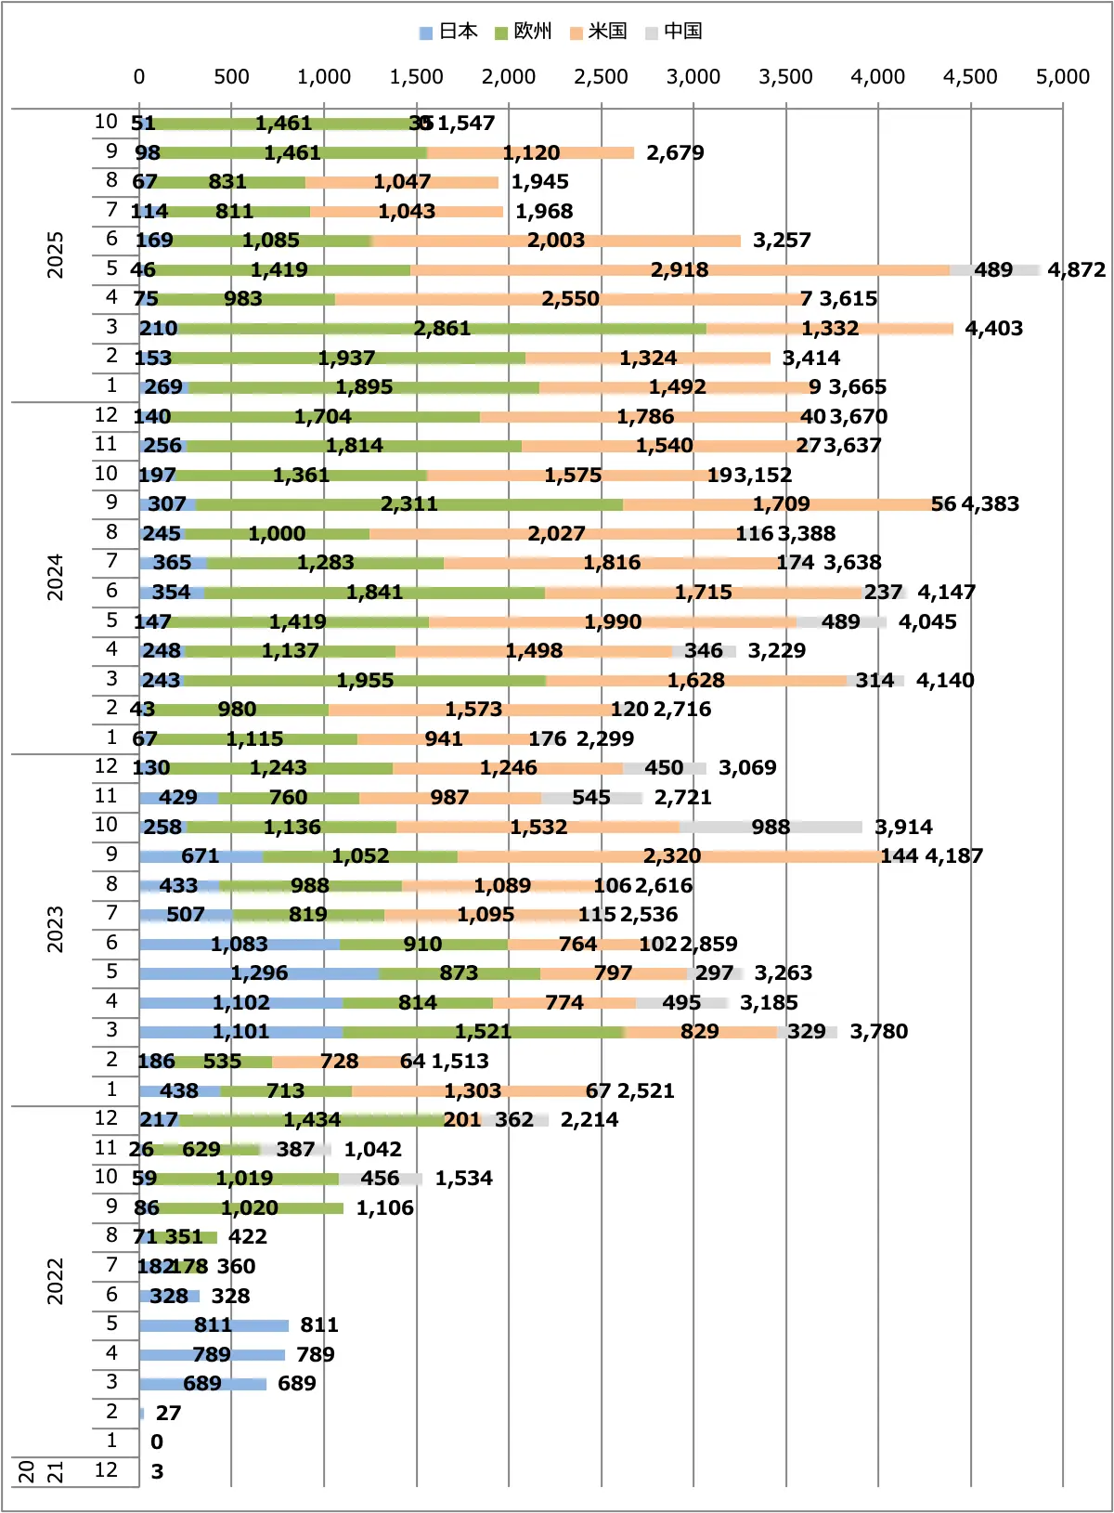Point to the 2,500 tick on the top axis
(x=601, y=77)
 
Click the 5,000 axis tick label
(x=1062, y=77)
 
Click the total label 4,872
(x=1076, y=270)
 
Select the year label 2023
(x=56, y=929)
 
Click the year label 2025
(x=56, y=254)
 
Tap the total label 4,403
(x=993, y=329)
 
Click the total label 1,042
(x=372, y=1150)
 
